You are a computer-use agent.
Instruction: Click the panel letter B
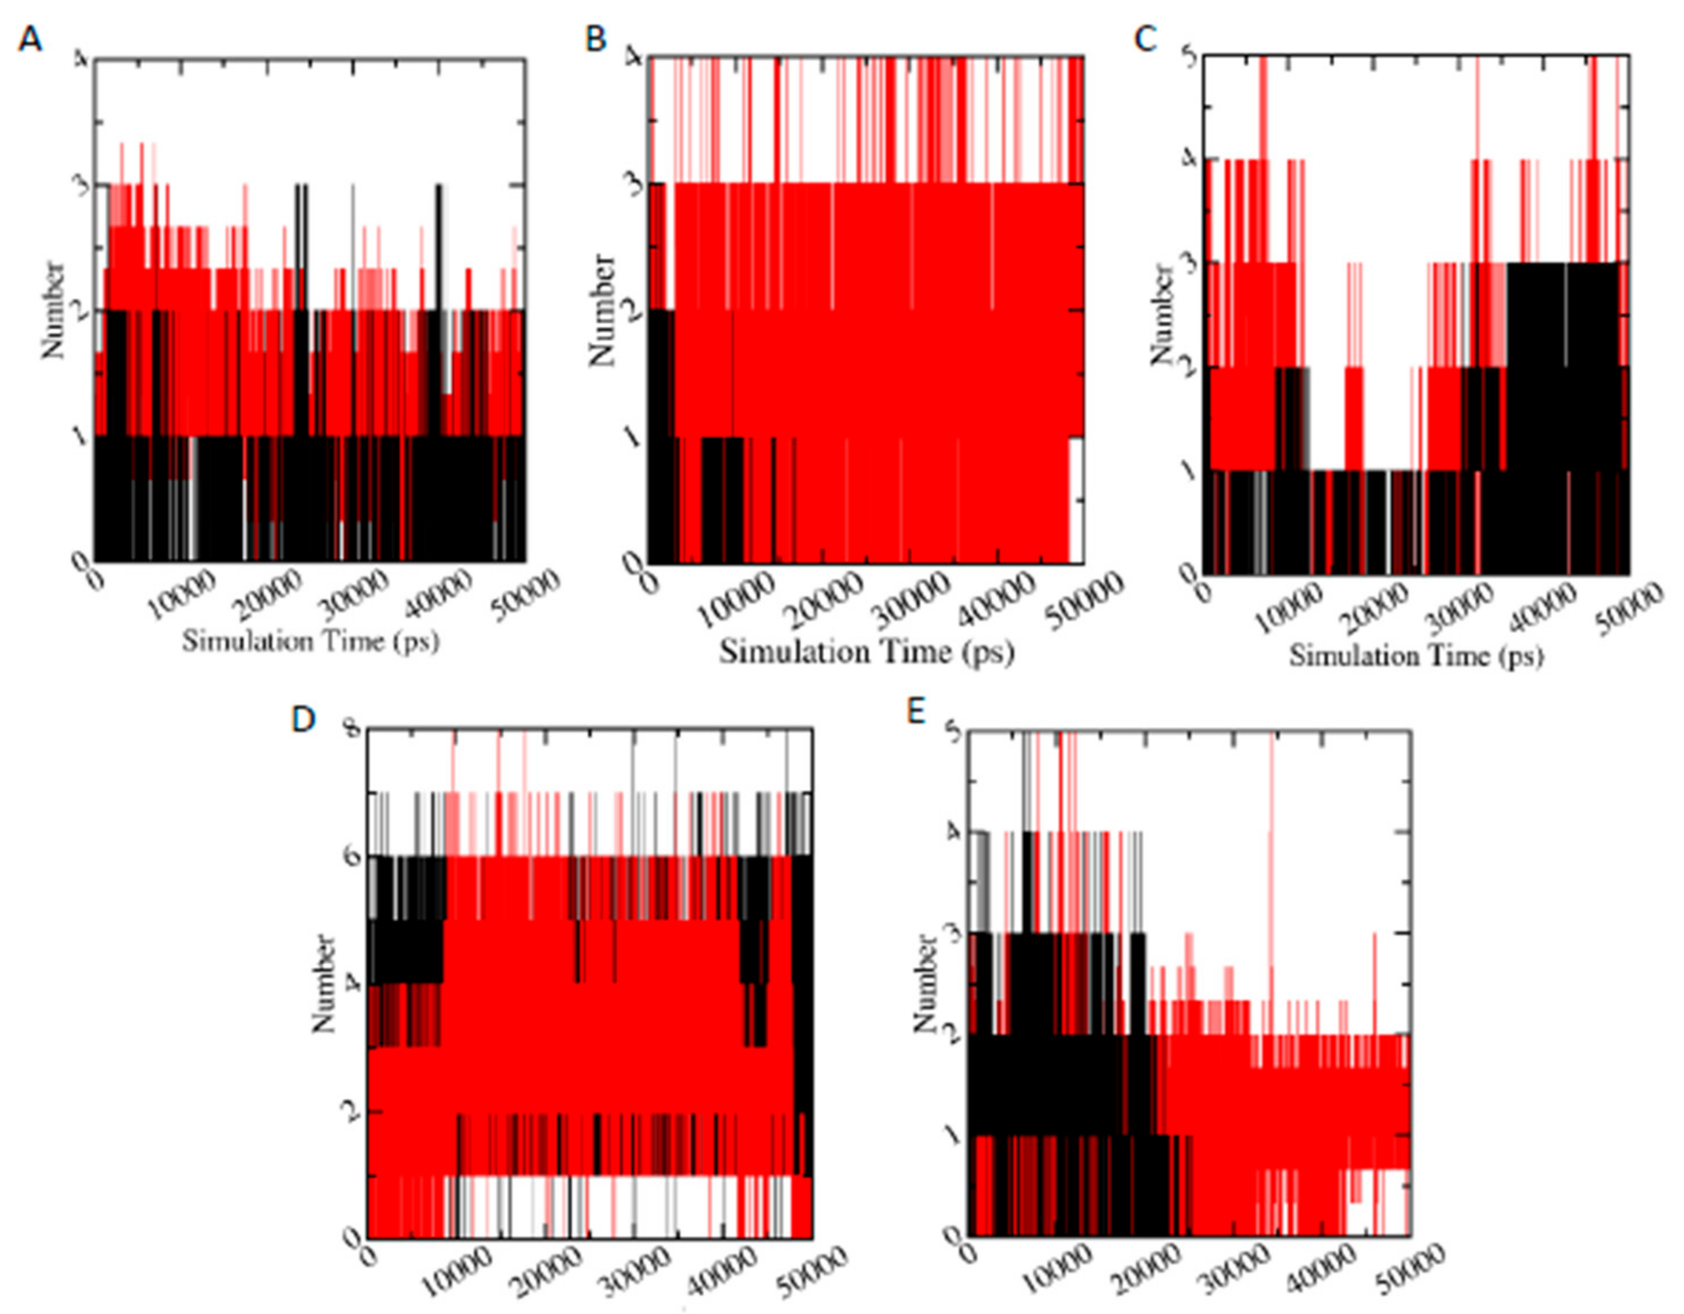coord(596,38)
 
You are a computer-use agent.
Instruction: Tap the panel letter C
coord(1146,38)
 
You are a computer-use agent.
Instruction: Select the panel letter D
coord(303,719)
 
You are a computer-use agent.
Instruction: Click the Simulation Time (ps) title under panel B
coord(866,652)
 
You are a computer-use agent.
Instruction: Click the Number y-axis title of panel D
coord(324,983)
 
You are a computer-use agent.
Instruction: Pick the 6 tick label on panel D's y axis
coord(354,856)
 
